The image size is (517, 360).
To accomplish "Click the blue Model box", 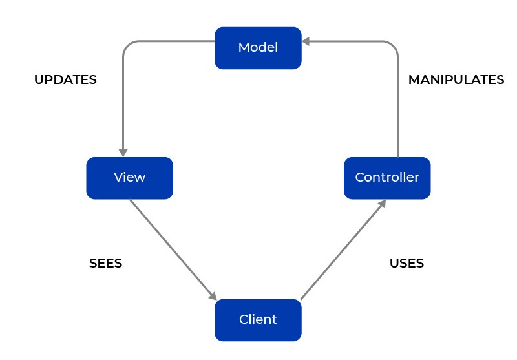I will pyautogui.click(x=258, y=48).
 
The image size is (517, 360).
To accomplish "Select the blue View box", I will pyautogui.click(x=129, y=178).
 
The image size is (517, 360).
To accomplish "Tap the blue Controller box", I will pyautogui.click(x=387, y=178).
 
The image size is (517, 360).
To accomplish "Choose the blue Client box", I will pyautogui.click(x=258, y=320).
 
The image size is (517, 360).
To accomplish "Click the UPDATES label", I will pyautogui.click(x=65, y=80).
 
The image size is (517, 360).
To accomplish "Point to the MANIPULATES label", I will pyautogui.click(x=456, y=80).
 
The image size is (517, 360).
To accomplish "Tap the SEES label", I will pyautogui.click(x=105, y=263).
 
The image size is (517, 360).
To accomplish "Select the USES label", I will pyautogui.click(x=406, y=263).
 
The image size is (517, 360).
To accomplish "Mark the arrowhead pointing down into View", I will pyautogui.click(x=123, y=152).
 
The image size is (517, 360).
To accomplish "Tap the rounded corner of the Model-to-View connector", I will pyautogui.click(x=127, y=45).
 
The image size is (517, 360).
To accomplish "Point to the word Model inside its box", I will pyautogui.click(x=258, y=48).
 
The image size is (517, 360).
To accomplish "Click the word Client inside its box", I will pyautogui.click(x=258, y=320).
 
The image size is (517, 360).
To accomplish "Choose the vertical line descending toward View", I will pyautogui.click(x=123, y=103).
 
